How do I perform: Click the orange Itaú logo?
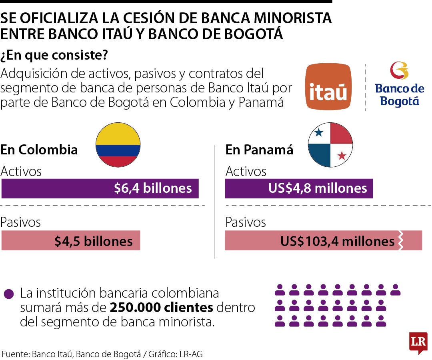(328, 86)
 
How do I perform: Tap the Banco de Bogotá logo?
(400, 84)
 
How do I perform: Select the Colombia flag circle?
(118, 145)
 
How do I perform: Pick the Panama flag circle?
(330, 145)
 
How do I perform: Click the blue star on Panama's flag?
(319, 132)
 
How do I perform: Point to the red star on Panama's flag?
(342, 156)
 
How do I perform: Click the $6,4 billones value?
(153, 188)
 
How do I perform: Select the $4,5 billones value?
(93, 241)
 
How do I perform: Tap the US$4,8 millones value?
(318, 188)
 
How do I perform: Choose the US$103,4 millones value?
(338, 241)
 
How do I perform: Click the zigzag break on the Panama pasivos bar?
(401, 240)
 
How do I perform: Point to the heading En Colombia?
(39, 150)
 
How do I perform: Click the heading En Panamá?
(259, 150)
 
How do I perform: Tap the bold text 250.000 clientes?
(162, 307)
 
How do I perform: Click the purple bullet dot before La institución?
(9, 294)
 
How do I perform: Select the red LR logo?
(418, 343)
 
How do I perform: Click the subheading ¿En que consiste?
(54, 55)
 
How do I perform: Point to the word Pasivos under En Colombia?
(20, 222)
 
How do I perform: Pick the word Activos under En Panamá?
(246, 171)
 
